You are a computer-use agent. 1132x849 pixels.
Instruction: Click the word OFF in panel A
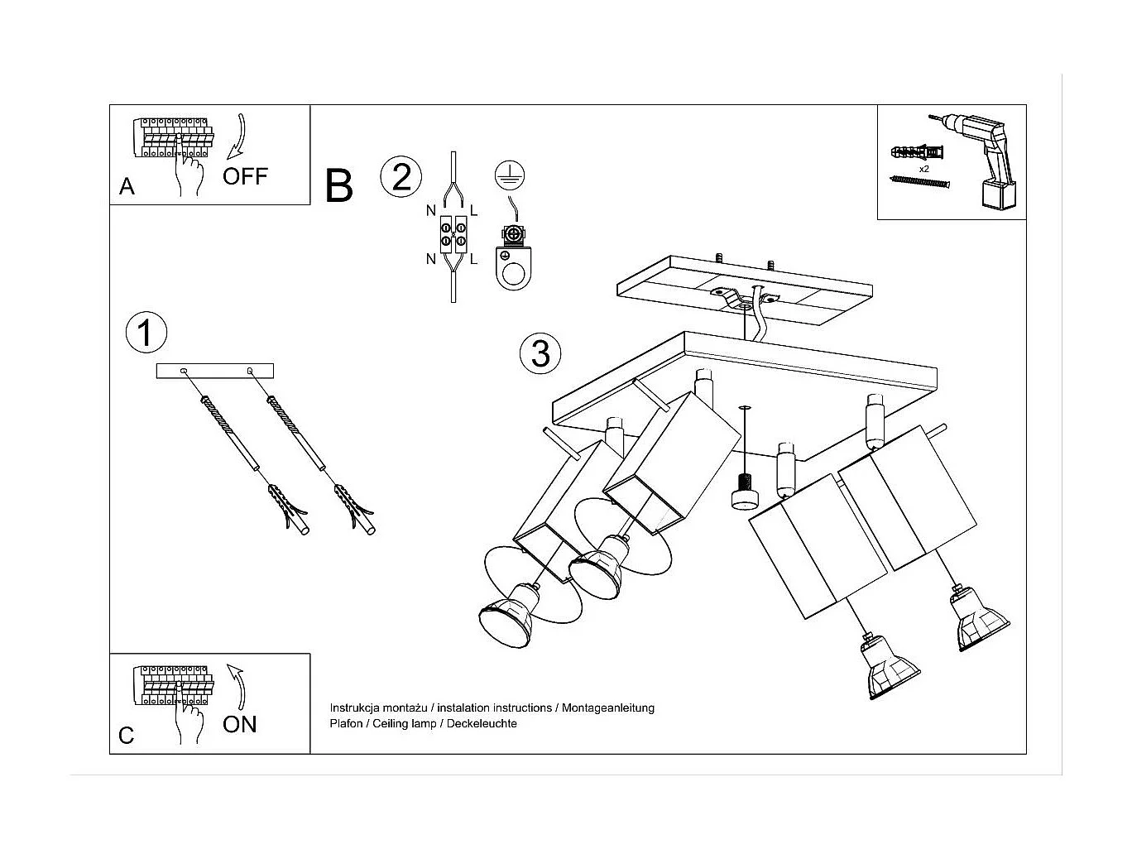245,175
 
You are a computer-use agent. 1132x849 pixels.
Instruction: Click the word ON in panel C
240,724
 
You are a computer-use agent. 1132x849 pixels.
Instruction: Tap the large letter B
339,186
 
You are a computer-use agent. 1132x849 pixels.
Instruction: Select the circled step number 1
146,333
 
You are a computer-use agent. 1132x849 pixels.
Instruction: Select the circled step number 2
401,177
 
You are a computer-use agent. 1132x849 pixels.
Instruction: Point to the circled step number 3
540,353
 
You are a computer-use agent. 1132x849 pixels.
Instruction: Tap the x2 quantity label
923,169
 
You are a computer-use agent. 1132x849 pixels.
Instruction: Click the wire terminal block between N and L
453,233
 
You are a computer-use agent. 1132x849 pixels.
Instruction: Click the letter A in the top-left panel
127,186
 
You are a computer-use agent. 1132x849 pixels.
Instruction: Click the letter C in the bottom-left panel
126,735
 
